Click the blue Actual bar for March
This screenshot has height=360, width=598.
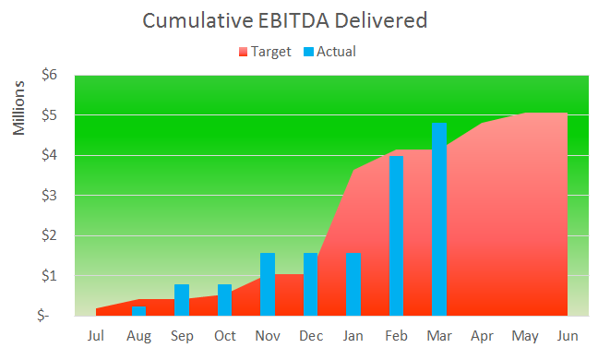(439, 219)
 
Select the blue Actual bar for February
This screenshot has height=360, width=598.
(396, 235)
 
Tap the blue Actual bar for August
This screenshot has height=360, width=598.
(138, 310)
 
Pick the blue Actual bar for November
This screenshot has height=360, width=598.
(268, 283)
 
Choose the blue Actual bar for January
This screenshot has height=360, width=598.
(353, 283)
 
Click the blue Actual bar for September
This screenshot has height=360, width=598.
(182, 299)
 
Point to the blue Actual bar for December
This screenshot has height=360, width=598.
(310, 283)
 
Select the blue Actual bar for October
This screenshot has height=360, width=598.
(224, 299)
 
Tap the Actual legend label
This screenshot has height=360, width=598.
(336, 52)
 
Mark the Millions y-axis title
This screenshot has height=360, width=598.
(20, 109)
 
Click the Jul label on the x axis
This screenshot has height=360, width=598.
(96, 335)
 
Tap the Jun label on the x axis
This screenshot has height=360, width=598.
(568, 335)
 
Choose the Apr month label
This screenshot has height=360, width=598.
(482, 335)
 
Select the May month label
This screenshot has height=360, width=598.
(524, 335)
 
